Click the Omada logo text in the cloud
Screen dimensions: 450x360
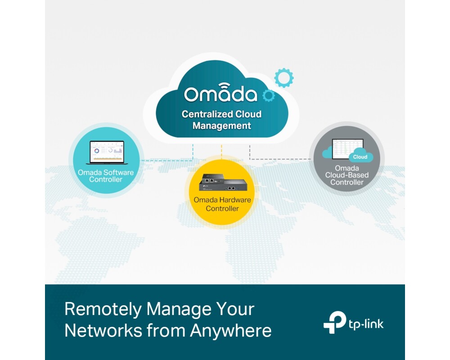pos(220,93)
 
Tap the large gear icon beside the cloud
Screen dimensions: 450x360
pos(284,78)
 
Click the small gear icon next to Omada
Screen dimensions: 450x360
pos(269,95)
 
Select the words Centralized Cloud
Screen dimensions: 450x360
pos(221,114)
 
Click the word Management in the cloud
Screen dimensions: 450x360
pos(222,126)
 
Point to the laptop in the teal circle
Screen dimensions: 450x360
pos(107,153)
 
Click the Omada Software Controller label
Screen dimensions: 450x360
pos(106,175)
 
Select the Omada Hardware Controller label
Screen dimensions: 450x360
pos(222,204)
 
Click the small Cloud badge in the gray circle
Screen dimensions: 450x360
pos(360,157)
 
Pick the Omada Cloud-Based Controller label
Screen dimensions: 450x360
pos(346,175)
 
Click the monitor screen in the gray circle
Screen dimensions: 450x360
pos(347,149)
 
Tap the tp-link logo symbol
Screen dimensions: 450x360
pos(335,322)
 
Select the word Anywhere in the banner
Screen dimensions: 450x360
pos(231,331)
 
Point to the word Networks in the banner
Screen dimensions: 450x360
pos(103,331)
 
